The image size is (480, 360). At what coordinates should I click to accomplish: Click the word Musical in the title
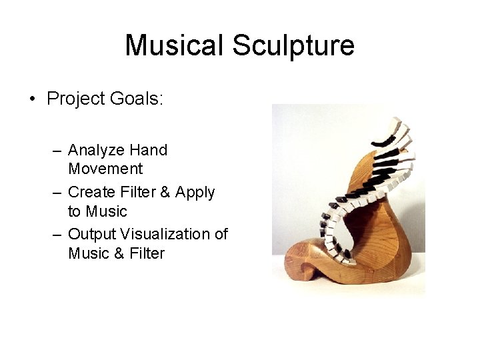point(175,45)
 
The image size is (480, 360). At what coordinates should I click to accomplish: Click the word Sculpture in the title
point(293,45)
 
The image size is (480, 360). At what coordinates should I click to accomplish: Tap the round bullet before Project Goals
point(32,99)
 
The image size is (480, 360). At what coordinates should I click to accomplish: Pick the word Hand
point(149,150)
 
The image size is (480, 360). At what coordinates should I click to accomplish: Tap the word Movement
point(105,169)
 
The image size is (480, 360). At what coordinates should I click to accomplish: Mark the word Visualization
point(169,234)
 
